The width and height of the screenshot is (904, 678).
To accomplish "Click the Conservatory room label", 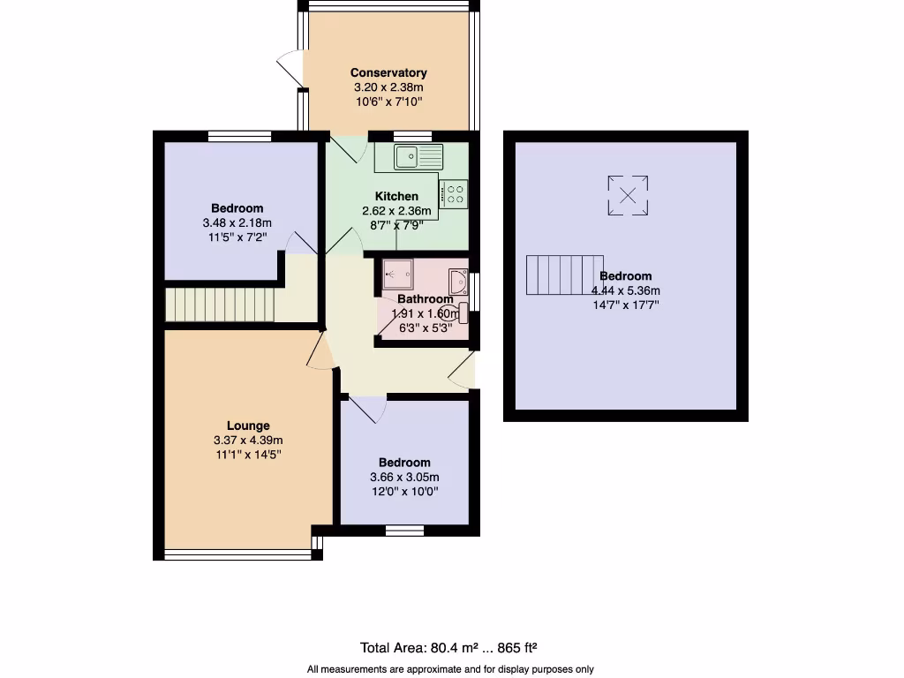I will (388, 72).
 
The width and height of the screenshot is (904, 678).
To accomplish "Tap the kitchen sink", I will (419, 157).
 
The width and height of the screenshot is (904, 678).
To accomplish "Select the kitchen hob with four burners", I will (455, 193).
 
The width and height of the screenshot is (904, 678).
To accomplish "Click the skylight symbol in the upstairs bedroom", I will (628, 195).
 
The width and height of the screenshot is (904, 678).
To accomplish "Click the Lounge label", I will (247, 426).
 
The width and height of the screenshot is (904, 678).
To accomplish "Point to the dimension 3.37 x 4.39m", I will (247, 441).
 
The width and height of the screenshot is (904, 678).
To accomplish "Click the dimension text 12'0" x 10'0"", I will (404, 492).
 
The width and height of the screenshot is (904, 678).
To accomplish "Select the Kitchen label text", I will (396, 196).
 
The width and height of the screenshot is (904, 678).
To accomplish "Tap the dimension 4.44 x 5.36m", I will (626, 290).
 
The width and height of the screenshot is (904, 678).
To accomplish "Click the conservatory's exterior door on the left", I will (290, 70).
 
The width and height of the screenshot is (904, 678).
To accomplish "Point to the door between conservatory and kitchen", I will (349, 148).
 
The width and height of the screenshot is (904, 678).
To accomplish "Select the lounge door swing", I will (322, 353).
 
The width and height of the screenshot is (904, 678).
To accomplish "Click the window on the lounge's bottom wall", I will (237, 554).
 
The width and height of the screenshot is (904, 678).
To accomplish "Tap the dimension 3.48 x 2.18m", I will (237, 223).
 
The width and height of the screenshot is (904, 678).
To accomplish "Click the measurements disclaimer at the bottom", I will (450, 669).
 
